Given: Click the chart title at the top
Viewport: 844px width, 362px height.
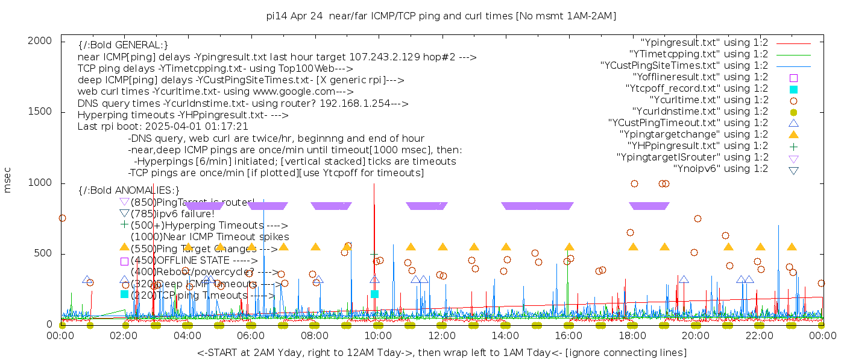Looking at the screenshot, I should coord(441,16).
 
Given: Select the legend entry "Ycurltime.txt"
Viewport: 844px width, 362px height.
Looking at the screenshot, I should coord(709,100).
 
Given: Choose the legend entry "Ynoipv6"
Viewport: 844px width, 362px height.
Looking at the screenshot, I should coord(720,169).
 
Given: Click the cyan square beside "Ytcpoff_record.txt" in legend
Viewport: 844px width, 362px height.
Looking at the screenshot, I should coord(793,89).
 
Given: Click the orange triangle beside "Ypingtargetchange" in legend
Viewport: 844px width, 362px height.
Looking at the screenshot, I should coord(793,135).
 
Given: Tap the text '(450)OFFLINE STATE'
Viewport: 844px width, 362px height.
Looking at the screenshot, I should coord(181,261).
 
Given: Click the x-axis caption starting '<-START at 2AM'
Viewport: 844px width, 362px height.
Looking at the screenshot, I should coord(441,352).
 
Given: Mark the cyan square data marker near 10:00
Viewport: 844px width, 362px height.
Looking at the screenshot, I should coord(374,294).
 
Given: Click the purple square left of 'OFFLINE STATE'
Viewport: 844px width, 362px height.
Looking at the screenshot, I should coord(124,261).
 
